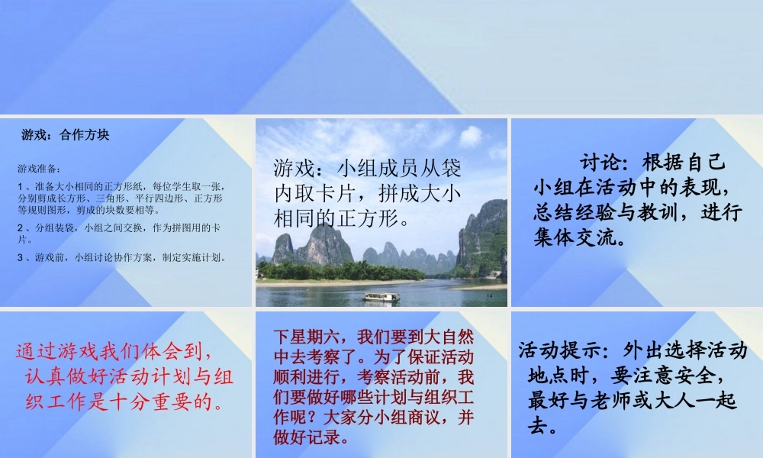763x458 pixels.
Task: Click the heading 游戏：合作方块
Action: click(x=66, y=135)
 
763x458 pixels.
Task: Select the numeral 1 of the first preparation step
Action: click(x=20, y=185)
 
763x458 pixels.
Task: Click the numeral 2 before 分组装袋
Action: click(x=20, y=227)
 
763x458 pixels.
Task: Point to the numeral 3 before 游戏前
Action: click(x=20, y=257)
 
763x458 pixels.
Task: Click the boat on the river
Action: click(x=381, y=296)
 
